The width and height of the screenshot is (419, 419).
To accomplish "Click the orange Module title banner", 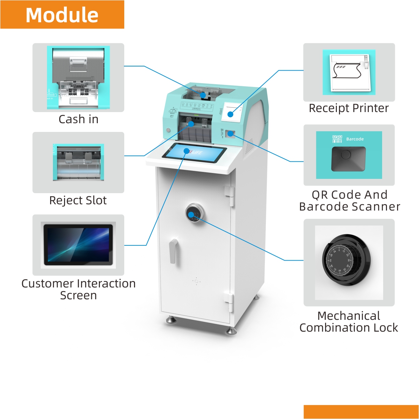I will (x=62, y=15).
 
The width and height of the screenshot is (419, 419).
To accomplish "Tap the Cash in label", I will (x=78, y=119).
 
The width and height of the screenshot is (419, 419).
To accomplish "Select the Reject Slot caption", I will (x=78, y=200).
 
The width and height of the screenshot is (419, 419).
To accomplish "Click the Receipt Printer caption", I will (x=349, y=108).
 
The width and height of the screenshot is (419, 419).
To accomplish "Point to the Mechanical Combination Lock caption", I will (x=349, y=322).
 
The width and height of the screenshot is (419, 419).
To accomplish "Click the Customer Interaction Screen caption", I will (x=78, y=289).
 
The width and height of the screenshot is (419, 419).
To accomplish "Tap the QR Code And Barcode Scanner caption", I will (x=349, y=201).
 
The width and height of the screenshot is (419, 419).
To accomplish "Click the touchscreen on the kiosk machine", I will (x=195, y=152).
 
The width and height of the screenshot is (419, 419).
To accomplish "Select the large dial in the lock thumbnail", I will (x=346, y=260).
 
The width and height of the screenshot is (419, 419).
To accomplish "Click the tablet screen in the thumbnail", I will (x=78, y=245).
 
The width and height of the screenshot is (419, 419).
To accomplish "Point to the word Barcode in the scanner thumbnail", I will (x=355, y=139).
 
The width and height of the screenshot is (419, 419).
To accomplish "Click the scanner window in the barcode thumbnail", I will (x=348, y=159).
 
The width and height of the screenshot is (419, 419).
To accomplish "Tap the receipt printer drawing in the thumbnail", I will (x=349, y=72).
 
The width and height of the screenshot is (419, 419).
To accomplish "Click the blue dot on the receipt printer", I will (x=230, y=114).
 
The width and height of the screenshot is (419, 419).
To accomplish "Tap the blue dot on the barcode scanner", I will (x=230, y=133).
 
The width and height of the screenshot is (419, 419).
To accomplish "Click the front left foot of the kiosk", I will (x=170, y=319).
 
